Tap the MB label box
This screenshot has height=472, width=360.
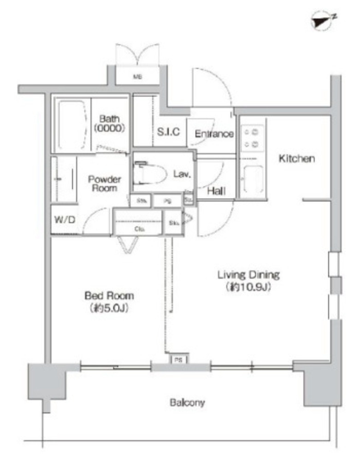[137, 77]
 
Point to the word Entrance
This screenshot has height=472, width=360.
[214, 134]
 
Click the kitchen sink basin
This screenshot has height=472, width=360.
[253, 179]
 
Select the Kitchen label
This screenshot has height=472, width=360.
[297, 159]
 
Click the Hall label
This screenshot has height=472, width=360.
[216, 191]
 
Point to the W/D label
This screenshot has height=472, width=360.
[65, 220]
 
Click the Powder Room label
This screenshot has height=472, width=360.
[104, 183]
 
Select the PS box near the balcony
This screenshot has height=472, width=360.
[177, 360]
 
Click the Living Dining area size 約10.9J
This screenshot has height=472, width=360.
[248, 287]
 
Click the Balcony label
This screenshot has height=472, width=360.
[187, 402]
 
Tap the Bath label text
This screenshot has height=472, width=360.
[109, 119]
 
